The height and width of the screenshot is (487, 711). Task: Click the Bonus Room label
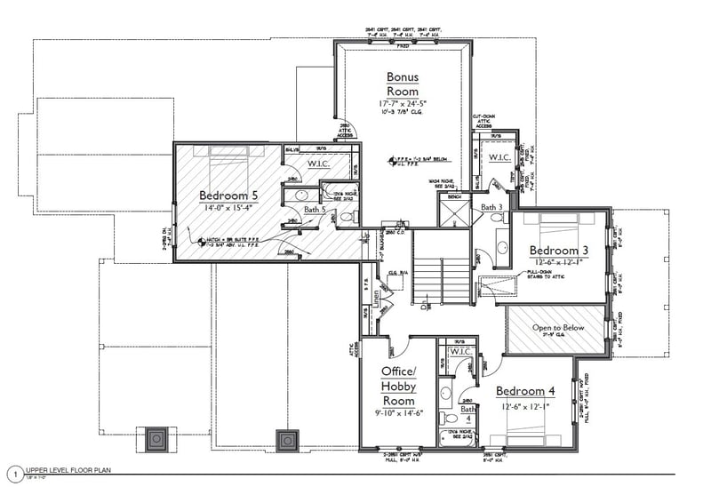(402, 84)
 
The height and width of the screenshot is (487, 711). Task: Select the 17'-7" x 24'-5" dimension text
(402, 105)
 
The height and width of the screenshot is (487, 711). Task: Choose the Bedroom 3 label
(561, 250)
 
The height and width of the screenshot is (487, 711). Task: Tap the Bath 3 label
(492, 207)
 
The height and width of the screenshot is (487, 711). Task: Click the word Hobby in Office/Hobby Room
(398, 387)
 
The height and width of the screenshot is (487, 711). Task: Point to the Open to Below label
(558, 328)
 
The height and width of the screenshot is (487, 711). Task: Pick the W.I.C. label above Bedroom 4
(461, 352)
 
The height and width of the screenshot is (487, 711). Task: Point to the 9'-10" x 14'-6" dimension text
(399, 413)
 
